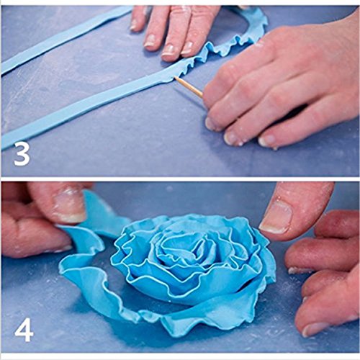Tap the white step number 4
point(23,329)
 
